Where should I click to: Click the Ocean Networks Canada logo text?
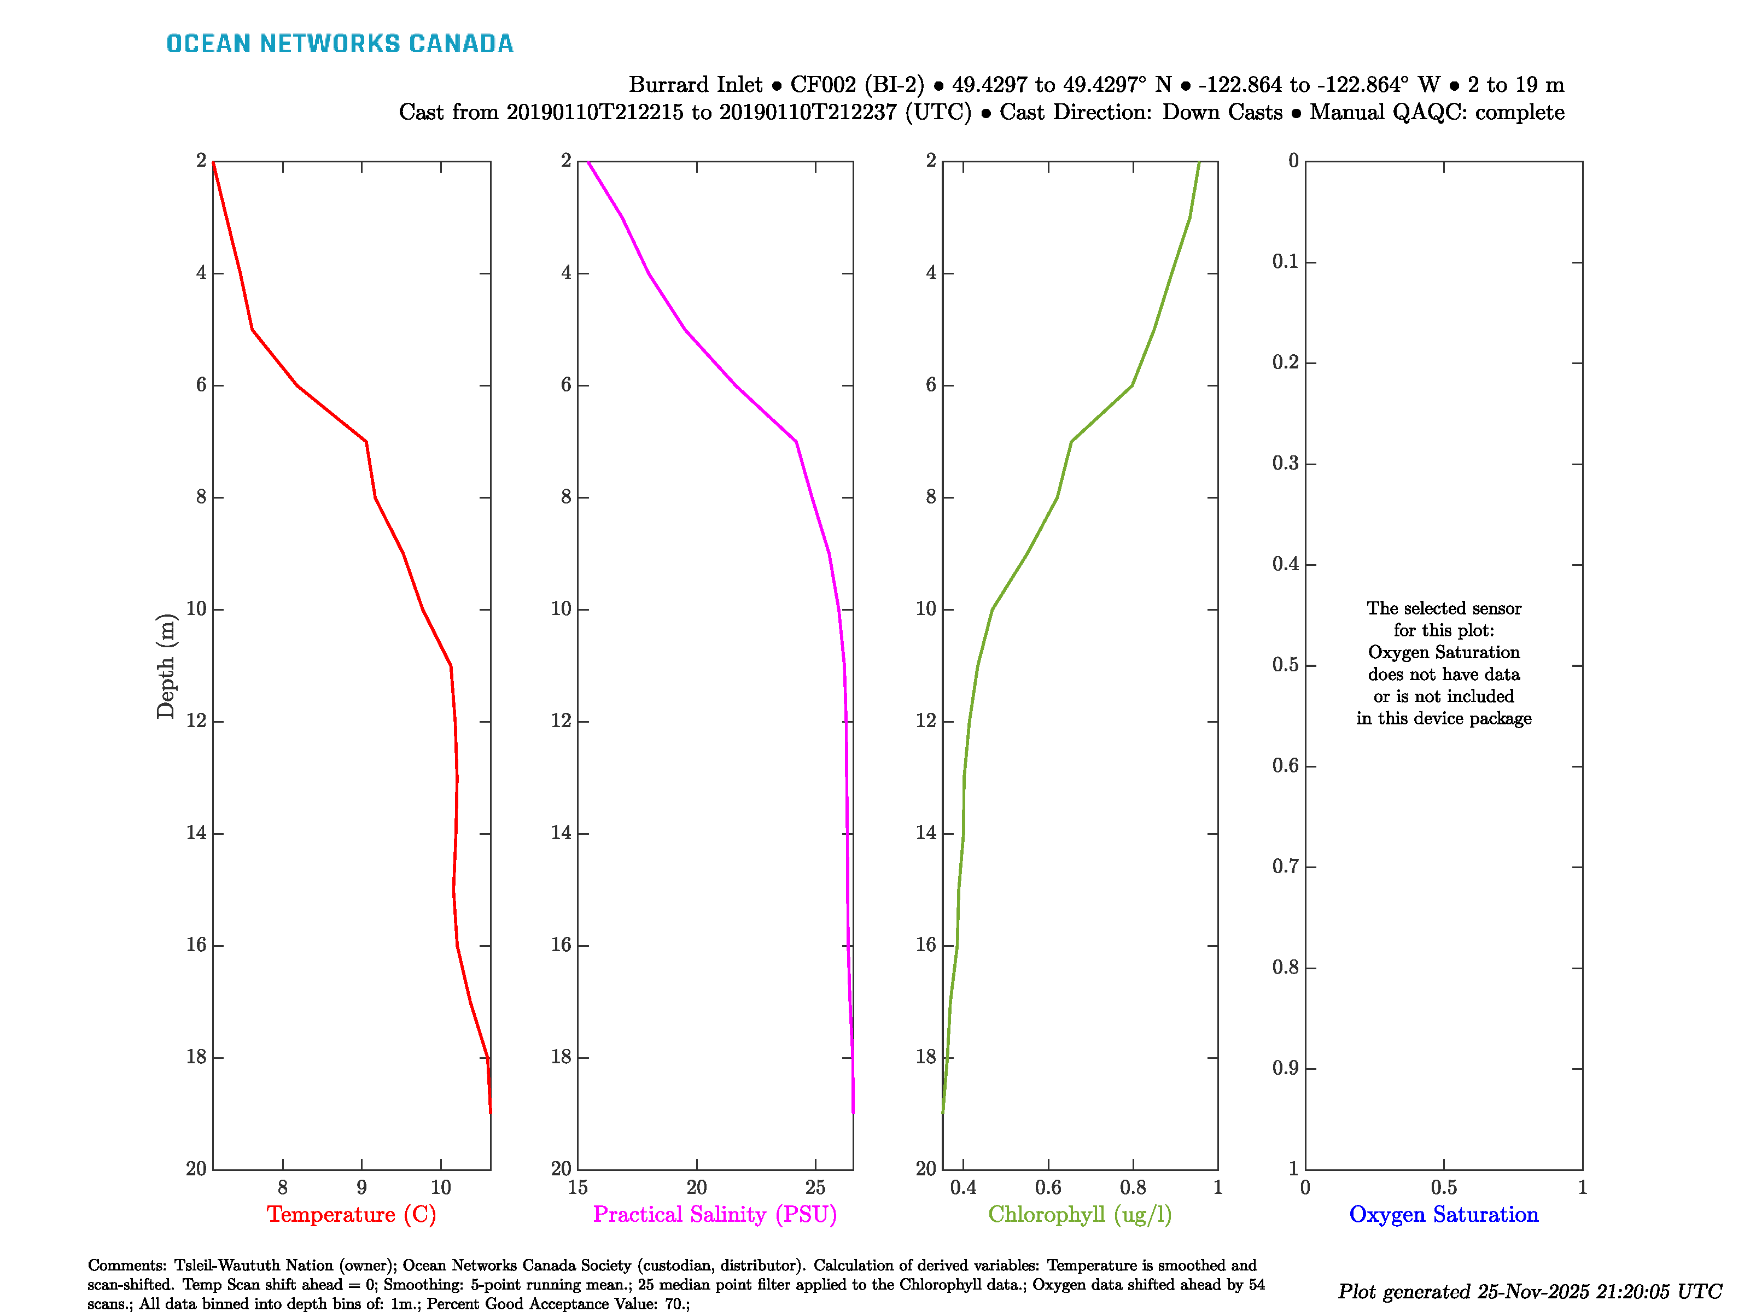click(x=340, y=44)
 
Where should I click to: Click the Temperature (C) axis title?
click(x=351, y=1214)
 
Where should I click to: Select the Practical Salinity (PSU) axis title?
click(x=714, y=1214)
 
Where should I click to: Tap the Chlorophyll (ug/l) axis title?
click(x=1079, y=1214)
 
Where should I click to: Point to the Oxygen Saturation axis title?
click(x=1443, y=1214)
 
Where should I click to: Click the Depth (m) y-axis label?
click(x=165, y=666)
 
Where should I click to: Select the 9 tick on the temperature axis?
click(x=361, y=1187)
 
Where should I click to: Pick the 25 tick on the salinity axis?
click(x=815, y=1187)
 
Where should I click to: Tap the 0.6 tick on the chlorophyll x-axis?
click(x=1048, y=1187)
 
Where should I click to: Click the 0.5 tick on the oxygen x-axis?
click(x=1443, y=1187)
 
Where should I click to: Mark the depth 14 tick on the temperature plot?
click(x=196, y=833)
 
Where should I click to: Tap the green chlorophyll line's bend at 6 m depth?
click(x=1132, y=385)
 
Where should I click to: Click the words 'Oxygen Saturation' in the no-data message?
click(x=1443, y=652)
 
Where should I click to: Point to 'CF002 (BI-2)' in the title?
click(x=857, y=85)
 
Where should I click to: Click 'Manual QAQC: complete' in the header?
click(x=1437, y=112)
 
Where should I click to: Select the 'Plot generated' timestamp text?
click(x=1529, y=1291)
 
